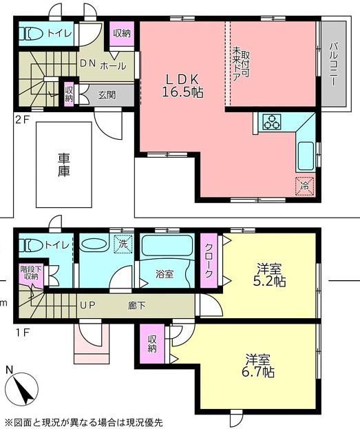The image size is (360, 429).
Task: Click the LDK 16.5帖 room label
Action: point(182,86)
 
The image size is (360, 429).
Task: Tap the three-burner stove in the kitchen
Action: point(272,121)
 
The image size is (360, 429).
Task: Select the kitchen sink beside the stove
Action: point(306,156)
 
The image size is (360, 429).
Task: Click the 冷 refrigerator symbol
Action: point(304,187)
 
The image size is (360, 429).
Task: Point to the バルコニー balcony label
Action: point(333,64)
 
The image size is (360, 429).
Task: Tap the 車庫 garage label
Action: point(64,165)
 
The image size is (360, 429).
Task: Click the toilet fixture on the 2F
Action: point(31,34)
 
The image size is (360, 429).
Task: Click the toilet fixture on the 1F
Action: point(31,245)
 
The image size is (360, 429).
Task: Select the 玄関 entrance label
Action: point(107,95)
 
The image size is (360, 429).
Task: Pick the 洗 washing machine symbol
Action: point(123,244)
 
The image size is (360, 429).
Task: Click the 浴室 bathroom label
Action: point(165,274)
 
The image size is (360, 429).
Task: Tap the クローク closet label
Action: point(209,260)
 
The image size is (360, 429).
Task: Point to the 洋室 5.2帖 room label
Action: point(269,275)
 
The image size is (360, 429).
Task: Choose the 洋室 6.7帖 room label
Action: point(258,366)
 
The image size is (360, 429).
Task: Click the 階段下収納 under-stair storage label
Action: point(31,273)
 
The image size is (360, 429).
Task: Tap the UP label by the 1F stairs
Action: point(87,305)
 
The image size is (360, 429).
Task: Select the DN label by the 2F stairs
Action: point(87,63)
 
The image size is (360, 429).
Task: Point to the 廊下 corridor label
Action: point(137,305)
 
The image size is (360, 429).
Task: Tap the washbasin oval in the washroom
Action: point(94,244)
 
